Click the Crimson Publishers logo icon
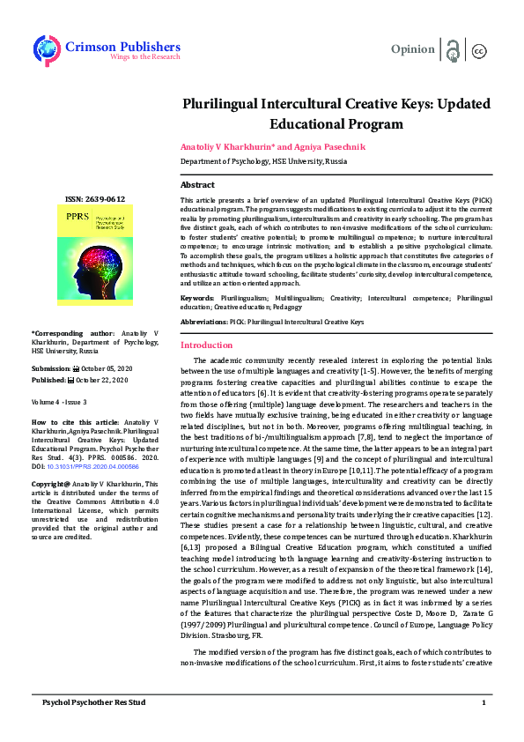45,49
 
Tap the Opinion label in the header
412,49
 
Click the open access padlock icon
453,50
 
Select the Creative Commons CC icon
479,51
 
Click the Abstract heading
197,185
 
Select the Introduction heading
206,345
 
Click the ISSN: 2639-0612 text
96,199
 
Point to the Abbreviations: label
204,323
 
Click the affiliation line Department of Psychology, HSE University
263,163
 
